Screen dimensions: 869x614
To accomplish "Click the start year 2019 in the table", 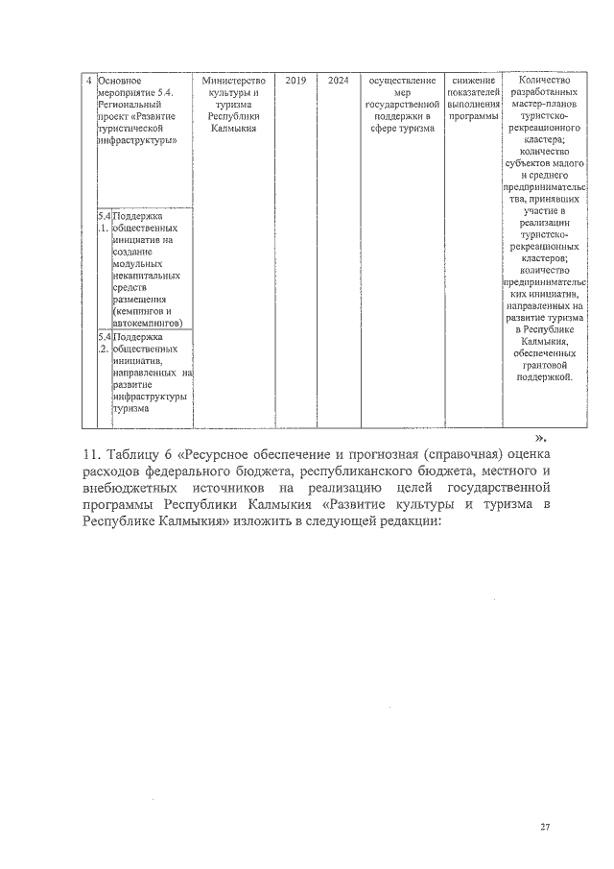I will [x=295, y=81].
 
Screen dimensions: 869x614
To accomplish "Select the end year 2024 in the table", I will [x=338, y=81].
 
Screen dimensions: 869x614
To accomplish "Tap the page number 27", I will [x=545, y=828].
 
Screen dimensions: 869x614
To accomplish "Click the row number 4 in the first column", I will [x=88, y=81].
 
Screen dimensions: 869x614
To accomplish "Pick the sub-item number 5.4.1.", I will [x=104, y=223].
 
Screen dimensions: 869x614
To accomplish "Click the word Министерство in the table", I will [x=234, y=81].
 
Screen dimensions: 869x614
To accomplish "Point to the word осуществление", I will [x=402, y=81].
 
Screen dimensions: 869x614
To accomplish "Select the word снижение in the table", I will [x=473, y=81].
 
